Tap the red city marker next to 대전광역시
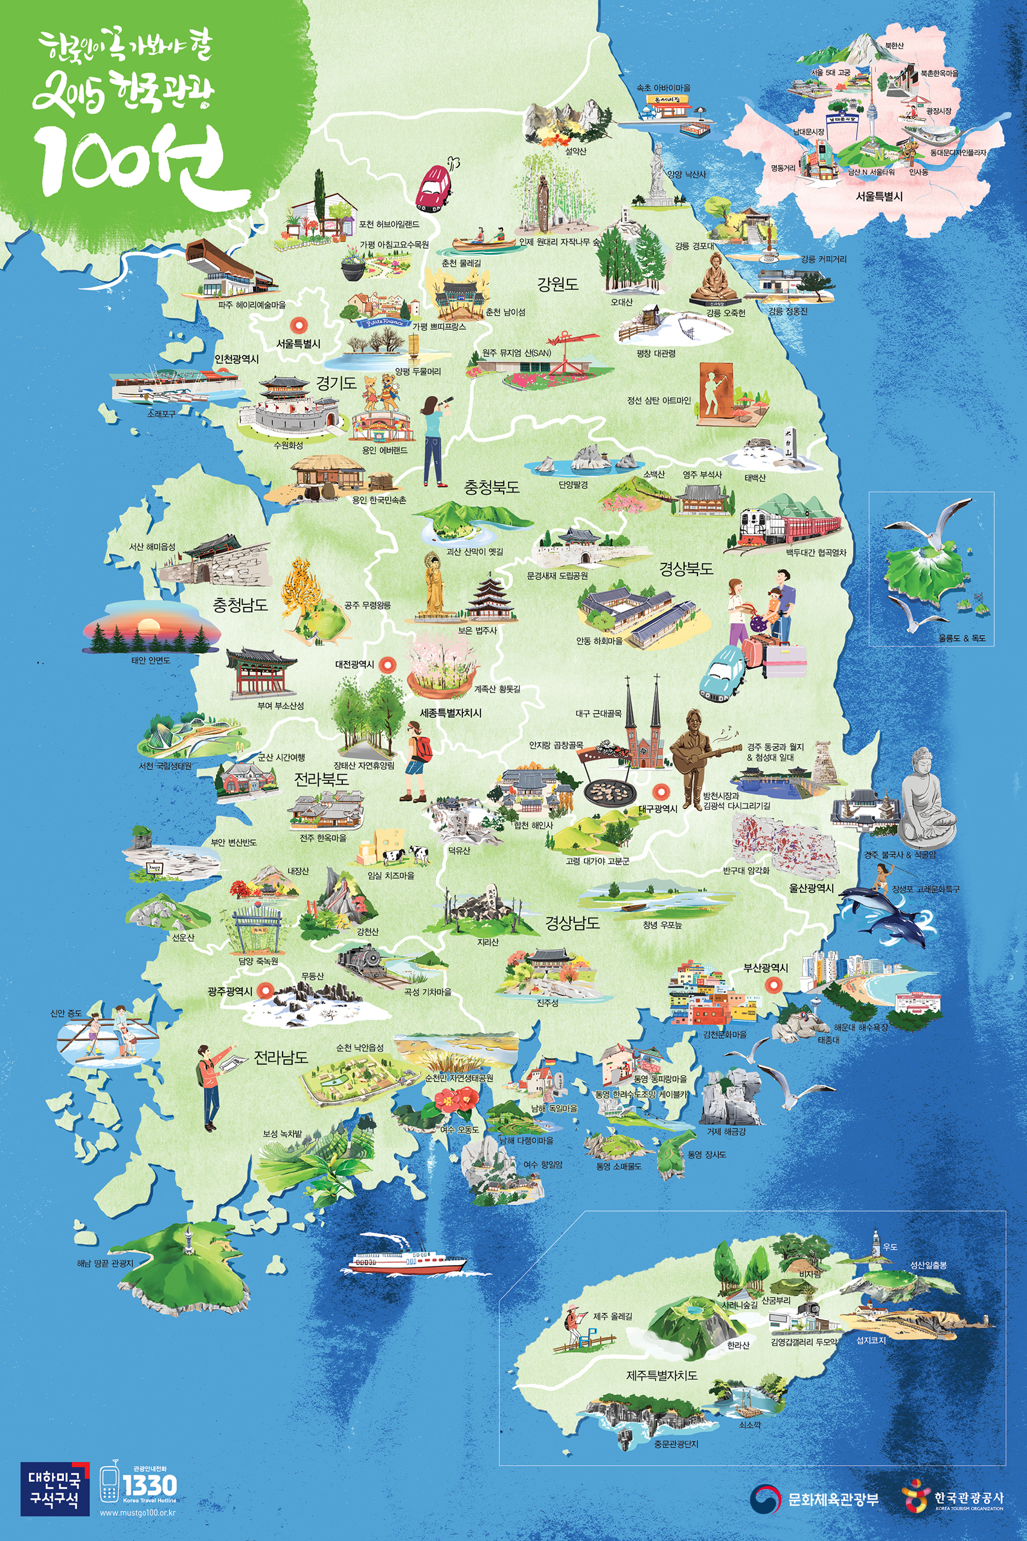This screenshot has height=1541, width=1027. [388, 665]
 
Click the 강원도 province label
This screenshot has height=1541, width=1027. [557, 284]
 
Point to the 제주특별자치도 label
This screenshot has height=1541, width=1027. [662, 1376]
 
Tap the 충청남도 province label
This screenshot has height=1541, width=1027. [240, 604]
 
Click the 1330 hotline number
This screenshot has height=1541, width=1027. [149, 1485]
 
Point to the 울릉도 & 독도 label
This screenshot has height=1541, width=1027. [962, 638]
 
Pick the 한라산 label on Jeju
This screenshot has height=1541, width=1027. [738, 1345]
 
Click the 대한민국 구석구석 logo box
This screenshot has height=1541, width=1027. [54, 1488]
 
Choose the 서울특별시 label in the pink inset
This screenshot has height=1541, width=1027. [879, 196]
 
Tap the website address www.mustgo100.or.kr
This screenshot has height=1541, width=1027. [138, 1513]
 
